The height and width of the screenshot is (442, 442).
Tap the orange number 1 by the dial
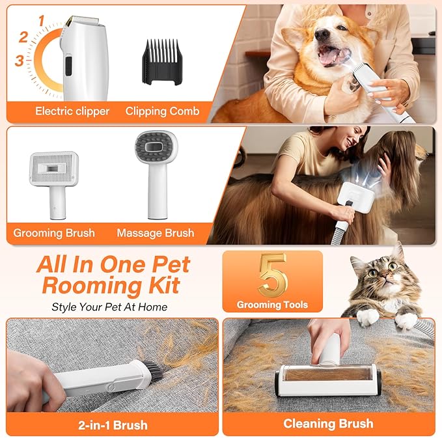point(42,21)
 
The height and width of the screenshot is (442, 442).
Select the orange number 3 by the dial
point(20,61)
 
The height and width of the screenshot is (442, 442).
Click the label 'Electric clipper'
point(72,111)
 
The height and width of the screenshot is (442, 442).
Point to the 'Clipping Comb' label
point(162,111)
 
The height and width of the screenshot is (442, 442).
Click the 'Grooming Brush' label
point(54,233)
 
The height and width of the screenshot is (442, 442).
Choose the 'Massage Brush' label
point(156,233)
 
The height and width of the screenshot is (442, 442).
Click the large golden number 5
point(273,275)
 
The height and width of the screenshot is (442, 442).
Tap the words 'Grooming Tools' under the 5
point(272,305)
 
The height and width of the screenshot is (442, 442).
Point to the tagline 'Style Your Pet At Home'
point(109,307)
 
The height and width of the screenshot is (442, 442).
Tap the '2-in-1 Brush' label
point(113,425)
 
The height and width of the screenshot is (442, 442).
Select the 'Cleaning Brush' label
point(328,424)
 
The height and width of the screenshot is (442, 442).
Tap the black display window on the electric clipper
point(68,66)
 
